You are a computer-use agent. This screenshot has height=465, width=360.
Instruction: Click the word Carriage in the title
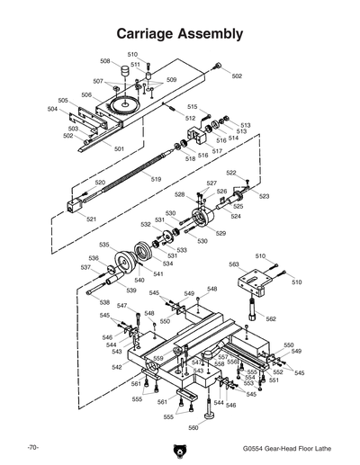click(148, 34)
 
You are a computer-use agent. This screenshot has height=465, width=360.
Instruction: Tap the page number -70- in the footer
click(31, 447)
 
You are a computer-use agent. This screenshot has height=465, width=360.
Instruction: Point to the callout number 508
click(105, 62)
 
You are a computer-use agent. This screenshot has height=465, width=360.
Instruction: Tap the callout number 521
click(92, 219)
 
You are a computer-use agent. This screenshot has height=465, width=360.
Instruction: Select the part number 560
click(193, 428)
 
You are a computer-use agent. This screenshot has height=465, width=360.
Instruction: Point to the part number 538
click(104, 302)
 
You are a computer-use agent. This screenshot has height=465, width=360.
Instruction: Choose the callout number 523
click(264, 195)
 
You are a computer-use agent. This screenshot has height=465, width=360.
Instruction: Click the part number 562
click(270, 318)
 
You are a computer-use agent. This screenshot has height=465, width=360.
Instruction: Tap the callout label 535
click(104, 245)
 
